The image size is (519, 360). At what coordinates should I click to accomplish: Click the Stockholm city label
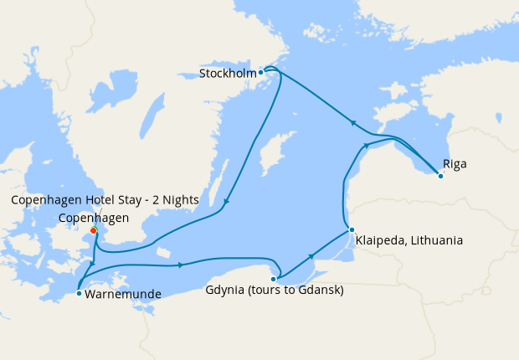click(227, 74)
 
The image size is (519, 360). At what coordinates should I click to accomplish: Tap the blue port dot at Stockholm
click(261, 72)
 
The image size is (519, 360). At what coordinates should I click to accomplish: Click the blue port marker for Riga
click(440, 175)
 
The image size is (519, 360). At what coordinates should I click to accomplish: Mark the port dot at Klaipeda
click(352, 229)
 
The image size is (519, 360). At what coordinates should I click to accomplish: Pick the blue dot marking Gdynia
click(274, 279)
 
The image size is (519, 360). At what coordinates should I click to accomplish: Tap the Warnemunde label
click(122, 294)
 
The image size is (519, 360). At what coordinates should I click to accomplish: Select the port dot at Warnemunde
click(78, 293)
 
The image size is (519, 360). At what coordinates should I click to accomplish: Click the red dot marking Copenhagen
click(93, 230)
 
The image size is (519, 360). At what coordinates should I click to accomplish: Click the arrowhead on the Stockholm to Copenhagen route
click(225, 202)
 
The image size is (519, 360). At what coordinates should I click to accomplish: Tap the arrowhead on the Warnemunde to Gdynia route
click(181, 265)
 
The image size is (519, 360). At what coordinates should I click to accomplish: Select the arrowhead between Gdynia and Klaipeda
click(311, 256)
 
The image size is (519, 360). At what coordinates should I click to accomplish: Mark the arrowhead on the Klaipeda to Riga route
click(365, 147)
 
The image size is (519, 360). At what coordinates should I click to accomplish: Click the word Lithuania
click(432, 241)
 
